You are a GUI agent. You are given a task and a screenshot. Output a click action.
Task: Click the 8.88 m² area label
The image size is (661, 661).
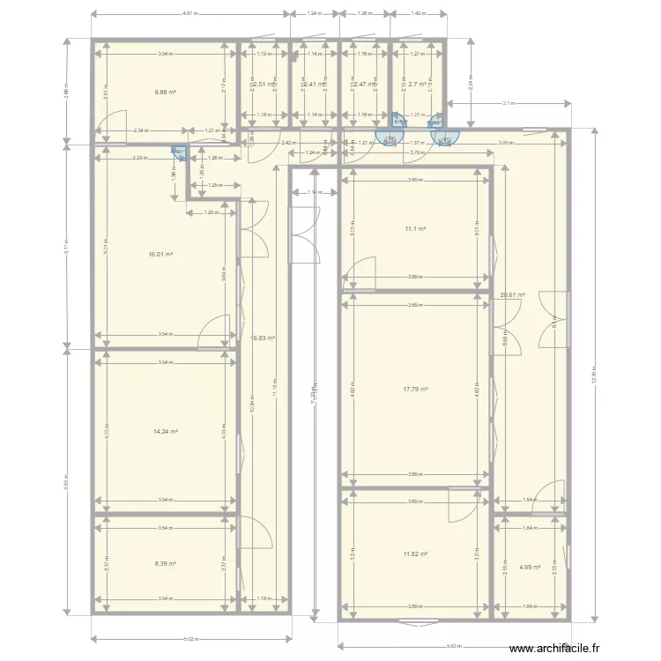pos(166,91)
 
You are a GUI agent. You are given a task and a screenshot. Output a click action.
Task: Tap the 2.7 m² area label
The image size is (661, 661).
pos(417,85)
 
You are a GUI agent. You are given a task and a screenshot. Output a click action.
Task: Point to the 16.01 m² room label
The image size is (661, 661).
pos(160,254)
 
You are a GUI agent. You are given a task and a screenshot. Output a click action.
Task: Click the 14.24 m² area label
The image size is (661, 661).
pos(166,431)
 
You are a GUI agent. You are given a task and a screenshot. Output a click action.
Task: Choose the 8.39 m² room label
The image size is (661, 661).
pos(166,563)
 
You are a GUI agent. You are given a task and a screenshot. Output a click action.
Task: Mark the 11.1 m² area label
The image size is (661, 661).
pos(415,229)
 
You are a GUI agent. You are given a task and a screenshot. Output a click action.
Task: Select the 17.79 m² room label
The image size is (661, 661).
pos(415,389)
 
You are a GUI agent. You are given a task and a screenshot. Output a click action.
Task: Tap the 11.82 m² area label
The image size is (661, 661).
pos(415,553)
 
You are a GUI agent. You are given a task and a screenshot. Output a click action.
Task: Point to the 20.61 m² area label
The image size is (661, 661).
pos(512,295)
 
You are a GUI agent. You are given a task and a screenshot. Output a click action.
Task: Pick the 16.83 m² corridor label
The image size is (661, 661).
pos(264,337)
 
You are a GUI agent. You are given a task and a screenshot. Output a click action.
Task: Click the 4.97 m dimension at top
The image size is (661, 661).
pos(189,14)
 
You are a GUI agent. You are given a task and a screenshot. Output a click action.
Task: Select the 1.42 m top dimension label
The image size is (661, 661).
pos(418,14)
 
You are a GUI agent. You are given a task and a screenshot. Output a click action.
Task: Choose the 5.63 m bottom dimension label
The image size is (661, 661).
pos(452,644)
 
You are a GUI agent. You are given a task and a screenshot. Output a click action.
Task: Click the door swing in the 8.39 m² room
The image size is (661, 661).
pos(249,533)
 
